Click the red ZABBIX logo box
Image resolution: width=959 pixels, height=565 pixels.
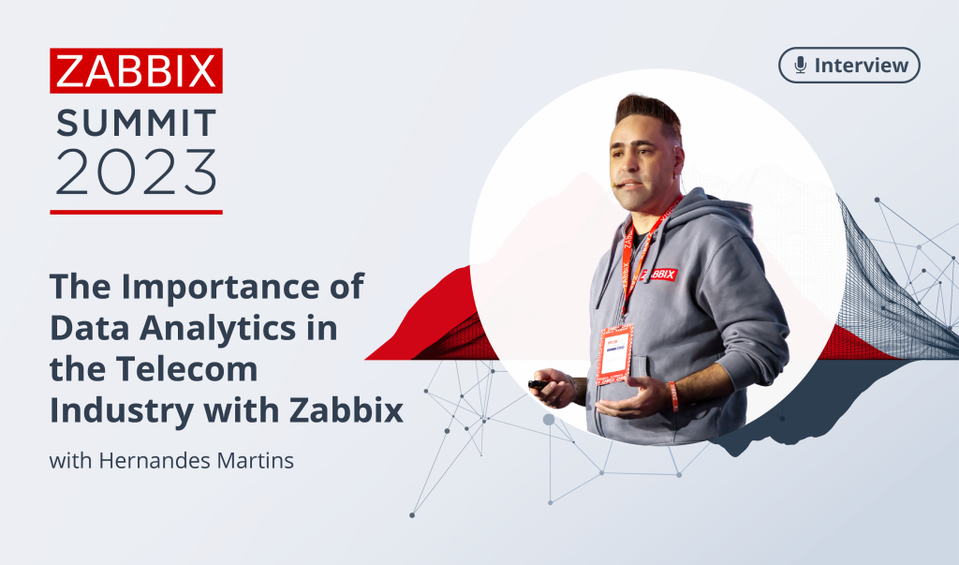(136, 70)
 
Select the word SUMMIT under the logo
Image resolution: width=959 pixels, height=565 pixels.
(136, 123)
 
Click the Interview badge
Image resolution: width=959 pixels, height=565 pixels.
(849, 66)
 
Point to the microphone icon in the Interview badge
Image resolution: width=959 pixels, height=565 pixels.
(800, 66)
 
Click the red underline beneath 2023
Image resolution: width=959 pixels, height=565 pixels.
(136, 212)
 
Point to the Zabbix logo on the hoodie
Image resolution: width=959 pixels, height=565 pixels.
(658, 274)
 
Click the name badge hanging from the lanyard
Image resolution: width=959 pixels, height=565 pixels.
(615, 354)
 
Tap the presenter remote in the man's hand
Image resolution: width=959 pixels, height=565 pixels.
(538, 384)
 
